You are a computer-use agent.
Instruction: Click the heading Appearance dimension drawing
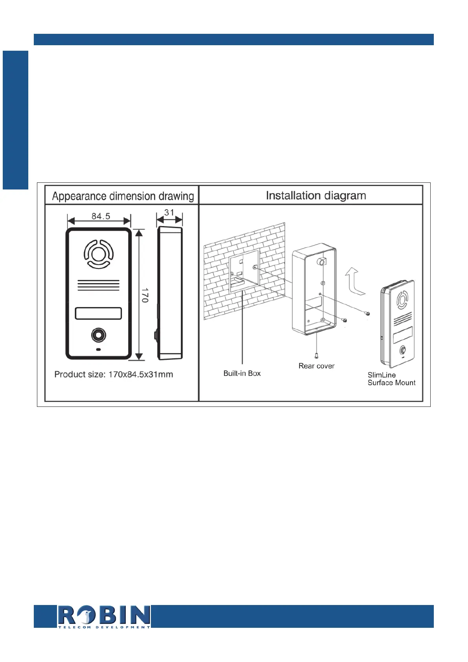(x=123, y=196)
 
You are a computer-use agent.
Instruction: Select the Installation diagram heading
(x=316, y=195)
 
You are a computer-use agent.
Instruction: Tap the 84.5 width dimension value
(x=101, y=216)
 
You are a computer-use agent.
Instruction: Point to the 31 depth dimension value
(x=169, y=213)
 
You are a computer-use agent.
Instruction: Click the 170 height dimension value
(x=145, y=295)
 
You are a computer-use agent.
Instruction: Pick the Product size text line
(x=114, y=374)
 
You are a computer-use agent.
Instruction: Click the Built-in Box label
(x=242, y=373)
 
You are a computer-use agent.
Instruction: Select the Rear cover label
(x=316, y=366)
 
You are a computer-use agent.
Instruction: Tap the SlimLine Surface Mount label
(x=391, y=379)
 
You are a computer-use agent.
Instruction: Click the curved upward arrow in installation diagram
(x=355, y=281)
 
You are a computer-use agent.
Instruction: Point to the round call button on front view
(x=98, y=335)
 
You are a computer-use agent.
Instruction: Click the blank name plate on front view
(x=98, y=313)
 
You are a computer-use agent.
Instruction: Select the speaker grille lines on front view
(x=98, y=285)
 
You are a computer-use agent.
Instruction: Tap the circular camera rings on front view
(x=98, y=254)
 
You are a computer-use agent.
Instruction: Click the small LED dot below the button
(x=98, y=349)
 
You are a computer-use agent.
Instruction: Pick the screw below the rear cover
(x=316, y=355)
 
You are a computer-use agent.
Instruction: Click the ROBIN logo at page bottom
(x=104, y=616)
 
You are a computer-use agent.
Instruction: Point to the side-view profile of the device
(x=170, y=293)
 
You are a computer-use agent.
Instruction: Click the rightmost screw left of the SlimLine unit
(x=367, y=313)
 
